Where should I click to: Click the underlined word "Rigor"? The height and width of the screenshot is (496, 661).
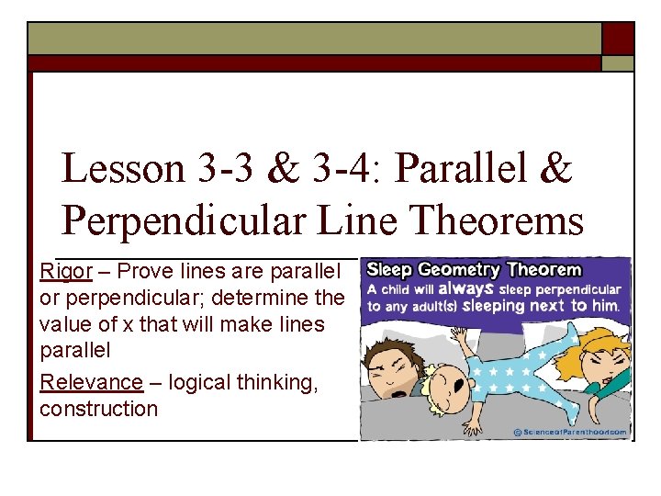tap(66, 271)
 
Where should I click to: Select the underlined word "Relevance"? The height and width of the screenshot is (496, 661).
tap(92, 382)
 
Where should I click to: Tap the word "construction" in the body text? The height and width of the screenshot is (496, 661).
tap(99, 409)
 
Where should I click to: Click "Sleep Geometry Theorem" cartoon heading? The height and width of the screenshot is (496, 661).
tap(474, 270)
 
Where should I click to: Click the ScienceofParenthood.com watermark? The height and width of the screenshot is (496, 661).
tap(571, 432)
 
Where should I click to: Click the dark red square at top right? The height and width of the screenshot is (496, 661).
tap(618, 39)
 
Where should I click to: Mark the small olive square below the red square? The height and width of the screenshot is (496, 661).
tap(618, 63)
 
